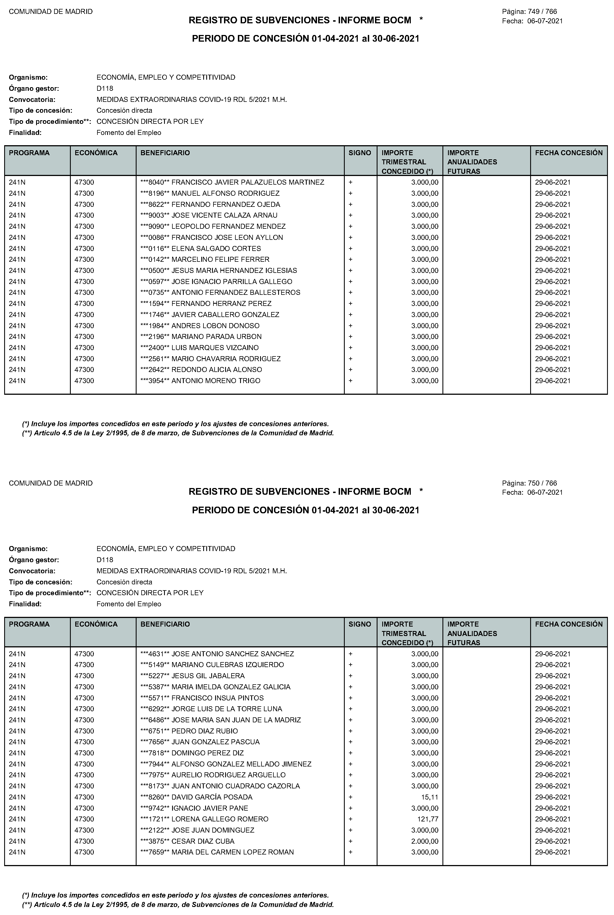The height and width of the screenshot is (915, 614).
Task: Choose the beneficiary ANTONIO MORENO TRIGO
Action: click(x=216, y=381)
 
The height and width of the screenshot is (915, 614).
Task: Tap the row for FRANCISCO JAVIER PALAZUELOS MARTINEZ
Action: click(x=248, y=182)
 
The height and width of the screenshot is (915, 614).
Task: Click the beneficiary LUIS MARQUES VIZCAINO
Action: click(x=215, y=348)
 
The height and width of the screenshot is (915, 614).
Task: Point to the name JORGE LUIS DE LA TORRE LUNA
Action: click(x=227, y=709)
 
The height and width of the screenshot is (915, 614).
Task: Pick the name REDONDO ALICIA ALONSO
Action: click(x=217, y=369)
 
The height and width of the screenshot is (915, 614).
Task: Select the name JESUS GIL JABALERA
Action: click(x=208, y=676)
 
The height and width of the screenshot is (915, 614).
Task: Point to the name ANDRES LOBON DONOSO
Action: click(x=215, y=326)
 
